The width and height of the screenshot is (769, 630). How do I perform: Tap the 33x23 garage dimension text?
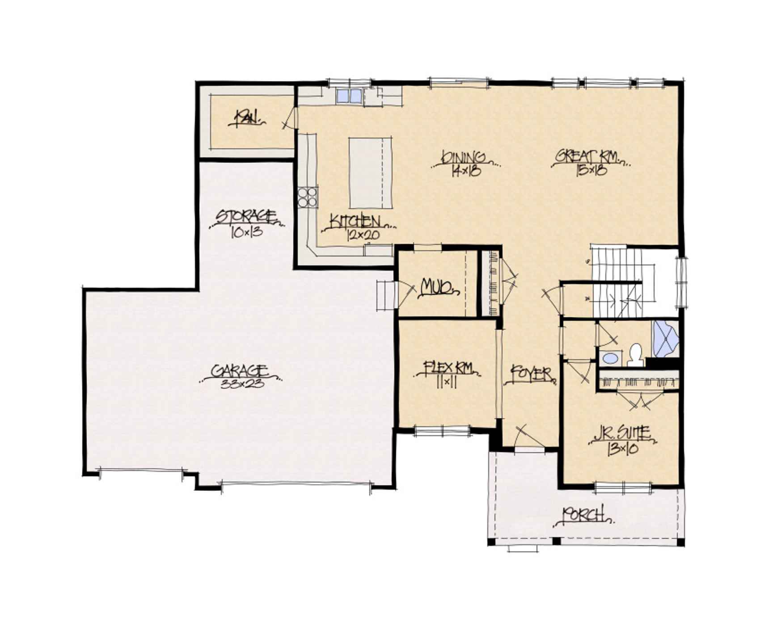pos(242,385)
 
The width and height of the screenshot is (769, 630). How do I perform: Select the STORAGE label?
pos(245,217)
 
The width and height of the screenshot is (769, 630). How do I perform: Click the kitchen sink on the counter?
pos(349,96)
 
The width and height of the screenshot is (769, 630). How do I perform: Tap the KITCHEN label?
pos(355,222)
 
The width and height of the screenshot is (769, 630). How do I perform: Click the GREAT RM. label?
pos(587,157)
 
